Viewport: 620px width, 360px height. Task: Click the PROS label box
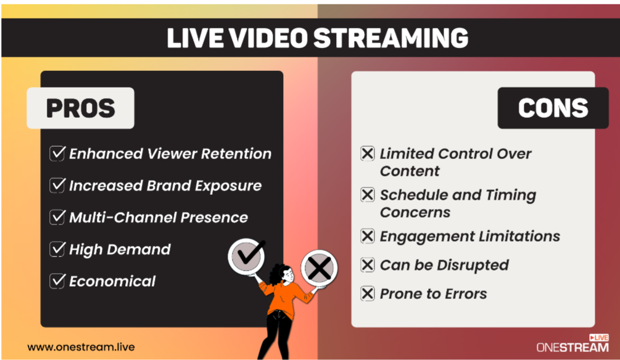point(80,108)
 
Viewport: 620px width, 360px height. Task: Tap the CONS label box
point(553,108)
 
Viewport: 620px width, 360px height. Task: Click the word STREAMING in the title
point(391,38)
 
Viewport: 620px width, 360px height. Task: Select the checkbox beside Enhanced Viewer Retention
point(57,153)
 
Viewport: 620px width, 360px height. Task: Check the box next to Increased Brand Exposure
point(57,186)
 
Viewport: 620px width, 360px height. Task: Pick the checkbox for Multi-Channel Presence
point(57,218)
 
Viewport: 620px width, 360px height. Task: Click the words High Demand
point(120,250)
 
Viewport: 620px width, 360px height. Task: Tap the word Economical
point(112,281)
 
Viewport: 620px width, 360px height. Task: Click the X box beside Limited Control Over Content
point(367,153)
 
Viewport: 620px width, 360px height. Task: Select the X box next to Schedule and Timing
point(367,195)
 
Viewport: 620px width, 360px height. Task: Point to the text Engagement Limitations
point(469,237)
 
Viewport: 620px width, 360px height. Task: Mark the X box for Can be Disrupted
point(367,265)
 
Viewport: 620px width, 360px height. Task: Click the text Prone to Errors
point(433,293)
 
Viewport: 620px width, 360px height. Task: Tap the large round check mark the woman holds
point(246,256)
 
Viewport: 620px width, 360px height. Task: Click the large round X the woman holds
point(319,268)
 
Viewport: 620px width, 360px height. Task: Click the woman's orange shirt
point(283,297)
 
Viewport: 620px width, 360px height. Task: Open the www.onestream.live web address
point(81,347)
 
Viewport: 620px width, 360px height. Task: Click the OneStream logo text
point(572,347)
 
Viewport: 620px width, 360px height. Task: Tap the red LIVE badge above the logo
point(598,337)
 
